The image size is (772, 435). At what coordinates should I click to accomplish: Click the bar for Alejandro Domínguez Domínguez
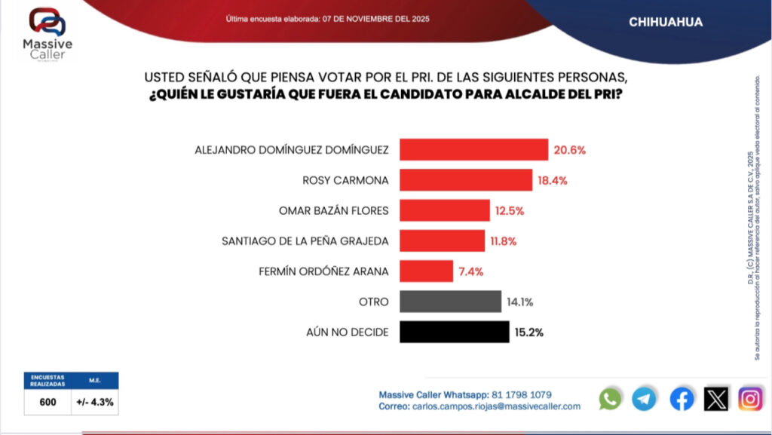473,149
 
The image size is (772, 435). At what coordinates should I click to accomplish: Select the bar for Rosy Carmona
465,179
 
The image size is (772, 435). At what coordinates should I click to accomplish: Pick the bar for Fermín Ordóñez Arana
426,271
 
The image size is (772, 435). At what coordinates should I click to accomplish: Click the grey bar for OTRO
450,302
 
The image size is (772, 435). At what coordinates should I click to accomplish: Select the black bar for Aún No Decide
454,332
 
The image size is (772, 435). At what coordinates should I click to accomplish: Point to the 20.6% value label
570,150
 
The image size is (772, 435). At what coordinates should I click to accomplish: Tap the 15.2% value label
530,332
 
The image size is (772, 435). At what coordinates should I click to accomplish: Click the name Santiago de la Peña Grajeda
305,241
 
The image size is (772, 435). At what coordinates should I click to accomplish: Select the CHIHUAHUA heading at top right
666,23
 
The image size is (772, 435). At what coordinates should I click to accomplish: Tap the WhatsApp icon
610,398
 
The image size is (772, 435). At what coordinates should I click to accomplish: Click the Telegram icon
645,398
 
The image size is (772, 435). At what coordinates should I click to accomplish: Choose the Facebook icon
682,398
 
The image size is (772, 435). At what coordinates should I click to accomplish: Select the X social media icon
716,398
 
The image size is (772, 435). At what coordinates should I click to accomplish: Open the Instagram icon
750,398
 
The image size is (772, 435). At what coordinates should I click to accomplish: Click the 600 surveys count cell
47,402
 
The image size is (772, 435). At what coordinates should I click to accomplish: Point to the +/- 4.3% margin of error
95,402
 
